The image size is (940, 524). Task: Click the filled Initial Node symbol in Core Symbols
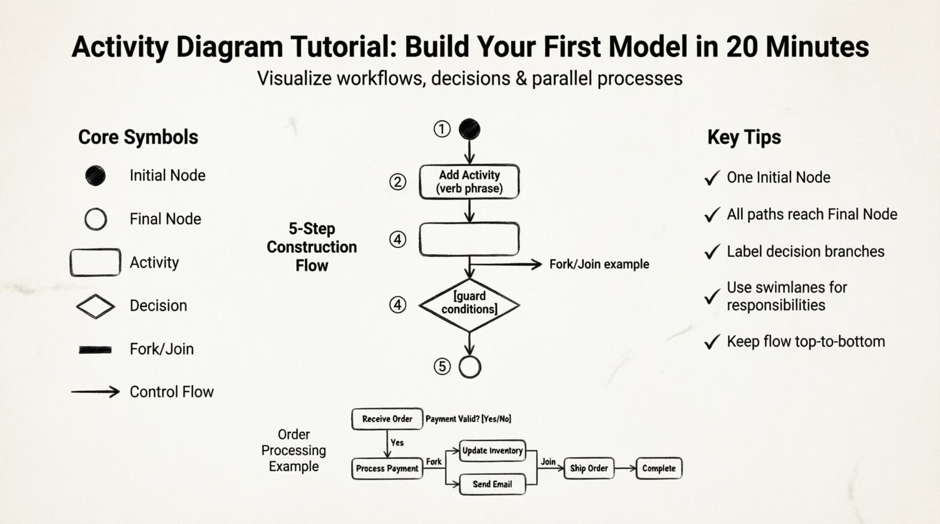pyautogui.click(x=95, y=176)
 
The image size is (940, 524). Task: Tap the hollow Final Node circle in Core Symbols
pyautogui.click(x=95, y=219)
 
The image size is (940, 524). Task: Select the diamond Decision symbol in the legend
pyautogui.click(x=95, y=306)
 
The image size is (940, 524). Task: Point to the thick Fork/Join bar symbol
pyautogui.click(x=95, y=350)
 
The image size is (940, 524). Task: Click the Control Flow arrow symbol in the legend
pyautogui.click(x=95, y=392)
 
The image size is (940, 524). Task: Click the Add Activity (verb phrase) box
pyautogui.click(x=469, y=182)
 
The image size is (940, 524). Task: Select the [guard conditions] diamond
pyautogui.click(x=469, y=305)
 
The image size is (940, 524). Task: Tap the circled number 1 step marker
pyautogui.click(x=442, y=129)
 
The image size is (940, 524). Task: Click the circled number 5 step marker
pyautogui.click(x=442, y=367)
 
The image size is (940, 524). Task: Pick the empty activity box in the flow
pyautogui.click(x=469, y=239)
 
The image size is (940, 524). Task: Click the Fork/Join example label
pyautogui.click(x=599, y=264)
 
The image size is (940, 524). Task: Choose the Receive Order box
pyautogui.click(x=387, y=419)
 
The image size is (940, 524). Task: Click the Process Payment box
pyautogui.click(x=387, y=469)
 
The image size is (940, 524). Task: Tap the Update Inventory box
pyautogui.click(x=492, y=451)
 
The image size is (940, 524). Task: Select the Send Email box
pyautogui.click(x=492, y=484)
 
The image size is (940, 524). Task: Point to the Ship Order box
pyautogui.click(x=589, y=469)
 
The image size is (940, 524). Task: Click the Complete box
pyautogui.click(x=659, y=469)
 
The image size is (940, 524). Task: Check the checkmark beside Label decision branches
pyautogui.click(x=712, y=252)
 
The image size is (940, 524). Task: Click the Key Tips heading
pyautogui.click(x=744, y=137)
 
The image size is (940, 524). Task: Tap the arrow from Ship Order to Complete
pyautogui.click(x=625, y=468)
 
